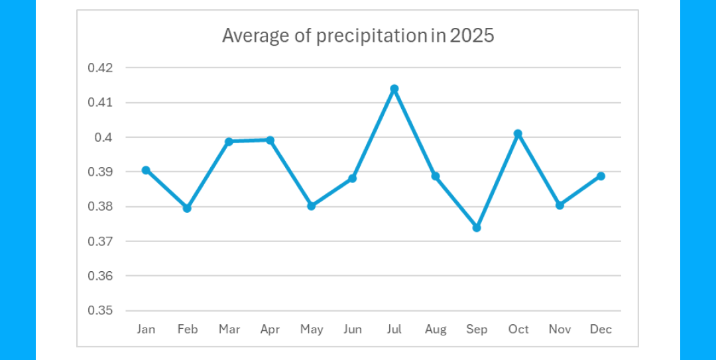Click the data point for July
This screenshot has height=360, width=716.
[x=394, y=89]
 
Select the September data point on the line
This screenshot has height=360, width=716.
[x=477, y=227]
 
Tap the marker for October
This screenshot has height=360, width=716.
[x=518, y=134]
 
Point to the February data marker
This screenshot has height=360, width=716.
[x=187, y=208]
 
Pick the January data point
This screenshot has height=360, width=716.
[x=146, y=170]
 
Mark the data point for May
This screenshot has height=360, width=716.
[x=312, y=206]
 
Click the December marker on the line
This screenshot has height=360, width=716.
[x=601, y=176]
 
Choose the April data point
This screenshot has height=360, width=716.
[x=270, y=140]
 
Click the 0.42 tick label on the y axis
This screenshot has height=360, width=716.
[x=100, y=68]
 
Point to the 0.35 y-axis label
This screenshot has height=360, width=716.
[x=100, y=310]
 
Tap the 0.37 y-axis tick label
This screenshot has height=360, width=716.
[x=100, y=241]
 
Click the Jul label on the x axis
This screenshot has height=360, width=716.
[x=394, y=330]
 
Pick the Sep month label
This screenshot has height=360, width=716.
[x=477, y=330]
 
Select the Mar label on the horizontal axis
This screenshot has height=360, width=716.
[x=229, y=330]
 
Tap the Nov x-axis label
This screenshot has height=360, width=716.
[x=560, y=330]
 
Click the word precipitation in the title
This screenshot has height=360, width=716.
[x=371, y=36]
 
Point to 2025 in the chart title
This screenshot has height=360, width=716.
[x=472, y=36]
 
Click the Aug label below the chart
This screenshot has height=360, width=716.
[x=436, y=330]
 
